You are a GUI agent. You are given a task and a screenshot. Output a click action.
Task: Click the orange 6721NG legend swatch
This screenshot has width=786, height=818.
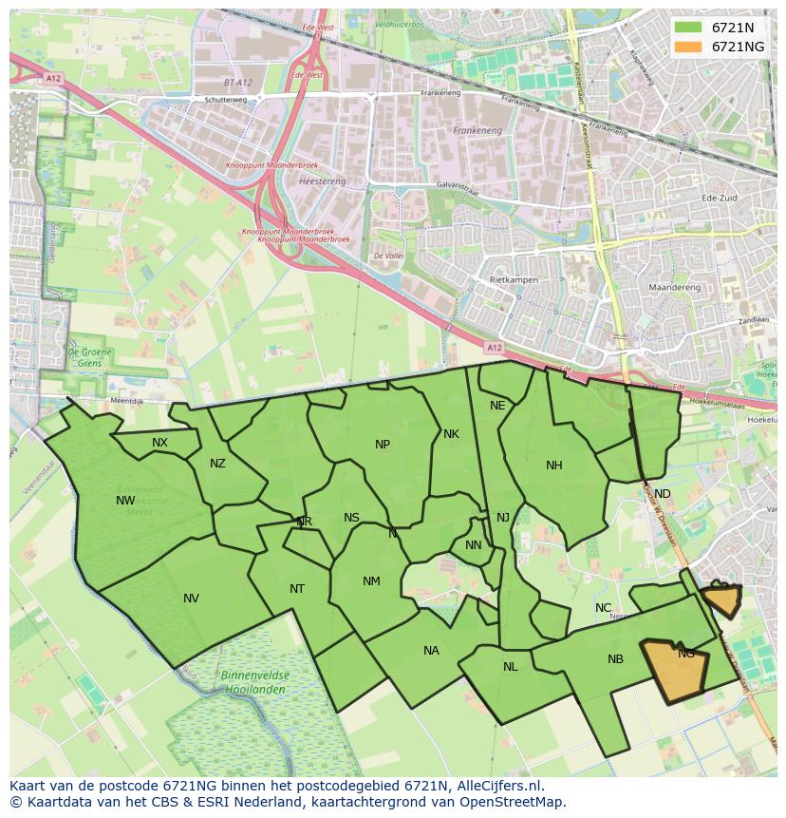click(689, 47)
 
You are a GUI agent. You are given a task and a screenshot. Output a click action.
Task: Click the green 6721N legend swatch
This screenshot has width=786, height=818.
click(689, 28)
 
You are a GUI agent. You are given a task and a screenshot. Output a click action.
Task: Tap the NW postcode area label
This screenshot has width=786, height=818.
click(125, 501)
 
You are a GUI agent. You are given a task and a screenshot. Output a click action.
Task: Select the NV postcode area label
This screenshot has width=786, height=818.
click(191, 599)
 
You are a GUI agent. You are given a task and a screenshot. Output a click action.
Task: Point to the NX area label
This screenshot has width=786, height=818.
click(159, 443)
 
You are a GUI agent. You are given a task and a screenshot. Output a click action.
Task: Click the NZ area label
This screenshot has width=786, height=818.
click(218, 464)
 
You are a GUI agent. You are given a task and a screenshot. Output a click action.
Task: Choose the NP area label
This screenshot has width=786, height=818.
click(383, 445)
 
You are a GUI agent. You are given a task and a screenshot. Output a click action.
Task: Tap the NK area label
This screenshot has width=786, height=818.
click(451, 434)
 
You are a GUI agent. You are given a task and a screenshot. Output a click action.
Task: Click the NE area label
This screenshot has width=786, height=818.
click(497, 406)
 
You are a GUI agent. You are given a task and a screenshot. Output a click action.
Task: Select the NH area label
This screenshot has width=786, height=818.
click(554, 466)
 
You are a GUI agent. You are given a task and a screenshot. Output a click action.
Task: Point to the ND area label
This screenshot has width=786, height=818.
click(662, 494)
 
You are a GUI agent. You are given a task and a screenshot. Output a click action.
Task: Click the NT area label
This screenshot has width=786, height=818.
click(297, 589)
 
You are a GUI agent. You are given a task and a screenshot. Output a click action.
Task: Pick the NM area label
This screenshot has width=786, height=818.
click(371, 581)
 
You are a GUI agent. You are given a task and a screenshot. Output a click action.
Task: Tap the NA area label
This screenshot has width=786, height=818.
click(431, 651)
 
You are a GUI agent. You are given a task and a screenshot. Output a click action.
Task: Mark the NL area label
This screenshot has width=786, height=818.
click(511, 667)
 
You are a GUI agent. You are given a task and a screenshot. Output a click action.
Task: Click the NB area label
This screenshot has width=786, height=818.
click(615, 659)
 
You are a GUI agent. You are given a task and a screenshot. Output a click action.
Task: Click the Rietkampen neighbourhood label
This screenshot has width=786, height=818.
click(515, 281)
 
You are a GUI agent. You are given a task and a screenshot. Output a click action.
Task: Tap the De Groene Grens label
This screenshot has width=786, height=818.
click(84, 356)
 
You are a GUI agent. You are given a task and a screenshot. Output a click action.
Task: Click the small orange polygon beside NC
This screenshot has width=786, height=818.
click(721, 599)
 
